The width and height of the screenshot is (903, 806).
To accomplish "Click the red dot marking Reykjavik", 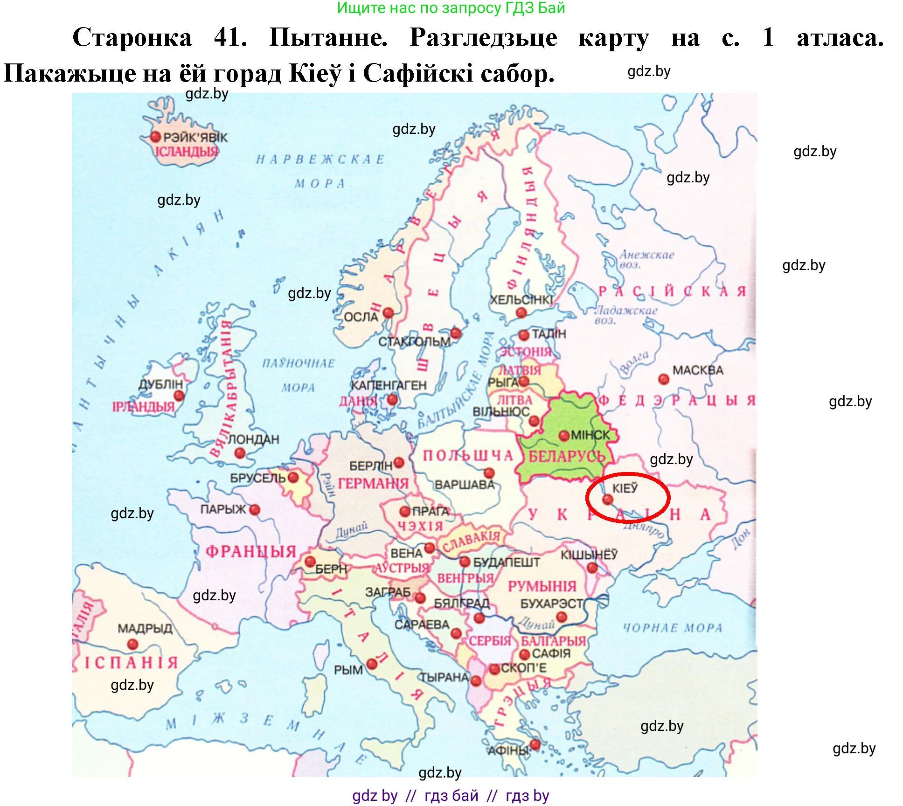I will [155, 137].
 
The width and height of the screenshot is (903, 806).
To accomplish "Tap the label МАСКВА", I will [697, 370].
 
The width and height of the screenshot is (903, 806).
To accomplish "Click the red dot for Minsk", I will [564, 436].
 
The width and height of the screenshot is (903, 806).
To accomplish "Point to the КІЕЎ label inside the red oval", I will [625, 488].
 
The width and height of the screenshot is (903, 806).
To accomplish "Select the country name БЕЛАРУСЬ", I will [567, 457].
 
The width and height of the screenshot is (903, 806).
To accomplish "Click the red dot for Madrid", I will [133, 645].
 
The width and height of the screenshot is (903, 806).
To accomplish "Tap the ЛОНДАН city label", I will [253, 439].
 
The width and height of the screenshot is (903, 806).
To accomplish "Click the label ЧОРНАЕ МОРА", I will [672, 628].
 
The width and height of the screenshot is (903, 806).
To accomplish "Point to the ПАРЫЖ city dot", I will [255, 510].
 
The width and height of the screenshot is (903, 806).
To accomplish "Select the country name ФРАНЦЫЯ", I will [251, 552].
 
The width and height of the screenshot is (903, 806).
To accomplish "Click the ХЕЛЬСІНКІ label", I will [521, 300].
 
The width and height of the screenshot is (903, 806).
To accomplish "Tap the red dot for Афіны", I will [535, 745].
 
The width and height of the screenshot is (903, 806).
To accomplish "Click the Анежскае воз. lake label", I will [646, 259].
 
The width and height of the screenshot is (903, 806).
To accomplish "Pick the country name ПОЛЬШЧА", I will [467, 456].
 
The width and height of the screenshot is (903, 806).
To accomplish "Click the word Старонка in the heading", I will [132, 37].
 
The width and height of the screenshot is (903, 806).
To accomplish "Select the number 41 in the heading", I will [230, 37].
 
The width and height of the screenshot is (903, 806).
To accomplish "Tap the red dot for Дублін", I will [179, 396].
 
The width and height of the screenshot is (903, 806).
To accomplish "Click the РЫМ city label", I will [348, 670].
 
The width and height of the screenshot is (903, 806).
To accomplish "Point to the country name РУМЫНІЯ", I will [542, 586].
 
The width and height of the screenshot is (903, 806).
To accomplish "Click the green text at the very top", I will [451, 8].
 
